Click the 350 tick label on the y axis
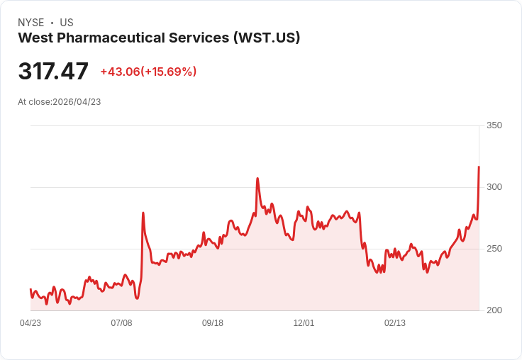494,125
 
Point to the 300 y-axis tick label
494,187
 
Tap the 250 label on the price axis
494,249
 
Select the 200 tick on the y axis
494,310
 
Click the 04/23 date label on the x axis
30,323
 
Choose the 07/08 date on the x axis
121,323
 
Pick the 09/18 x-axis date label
213,323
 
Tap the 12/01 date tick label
304,323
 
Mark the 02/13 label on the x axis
395,323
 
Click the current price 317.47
53,72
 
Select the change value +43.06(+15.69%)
148,72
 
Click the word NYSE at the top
30,23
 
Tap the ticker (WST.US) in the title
267,38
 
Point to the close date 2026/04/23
77,102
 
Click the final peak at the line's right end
479,167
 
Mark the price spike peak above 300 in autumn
257,179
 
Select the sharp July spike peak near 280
143,213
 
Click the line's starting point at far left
30,289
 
